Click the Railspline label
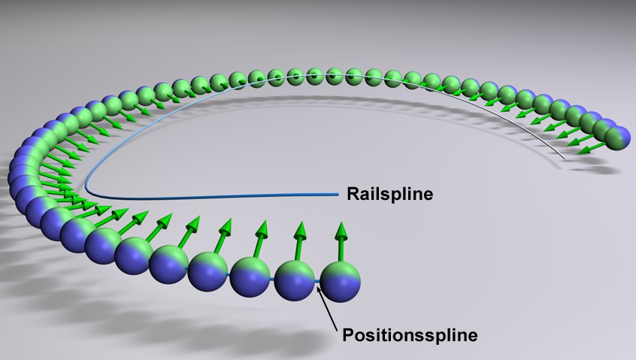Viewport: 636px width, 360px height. (x=389, y=194)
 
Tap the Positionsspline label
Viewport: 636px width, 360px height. (x=409, y=334)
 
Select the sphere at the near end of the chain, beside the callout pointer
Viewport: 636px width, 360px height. (x=341, y=280)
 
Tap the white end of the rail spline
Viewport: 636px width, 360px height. (x=562, y=158)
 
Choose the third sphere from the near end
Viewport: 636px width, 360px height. (x=250, y=277)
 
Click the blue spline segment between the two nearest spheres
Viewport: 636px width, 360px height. (x=318, y=283)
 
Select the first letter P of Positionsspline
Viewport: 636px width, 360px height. (x=348, y=334)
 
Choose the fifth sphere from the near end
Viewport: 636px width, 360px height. (x=168, y=264)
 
